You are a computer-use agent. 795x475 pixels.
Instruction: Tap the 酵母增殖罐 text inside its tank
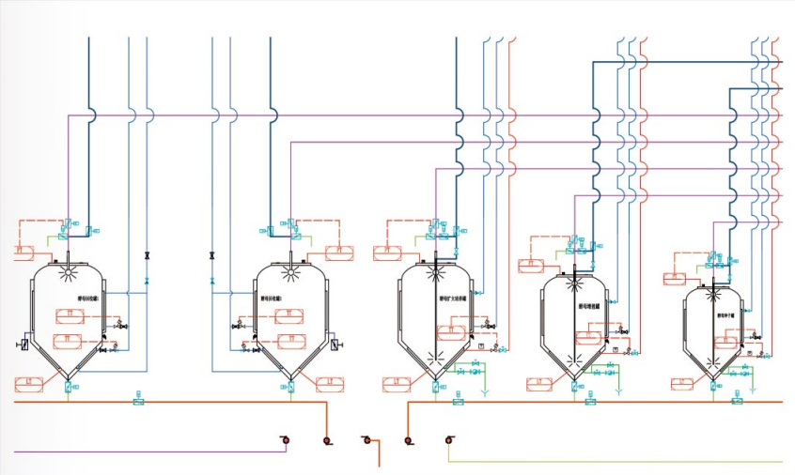tap(591, 306)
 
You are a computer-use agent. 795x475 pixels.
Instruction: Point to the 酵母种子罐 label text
tap(727, 315)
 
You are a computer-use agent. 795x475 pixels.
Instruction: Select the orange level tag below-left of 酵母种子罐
tap(683, 383)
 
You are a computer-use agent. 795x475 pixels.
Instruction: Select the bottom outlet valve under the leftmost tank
tap(69, 387)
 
